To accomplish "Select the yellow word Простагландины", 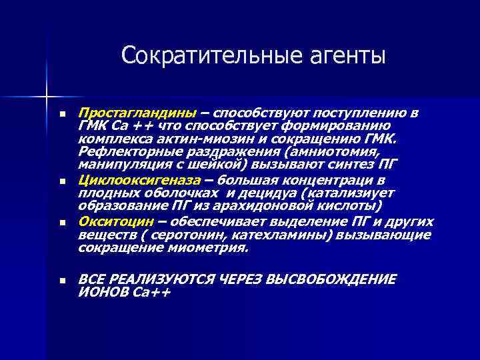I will (x=137, y=111).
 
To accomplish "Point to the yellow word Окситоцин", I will (x=114, y=222).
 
